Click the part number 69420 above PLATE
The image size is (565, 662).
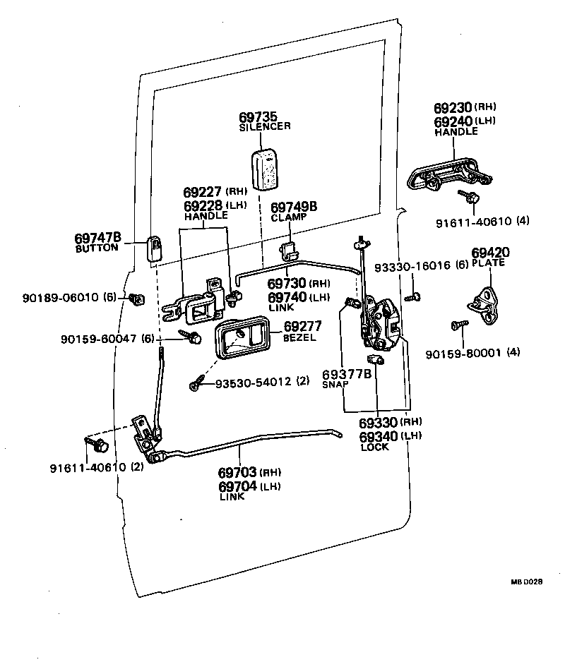pyautogui.click(x=490, y=253)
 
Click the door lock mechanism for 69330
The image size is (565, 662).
pyautogui.click(x=378, y=323)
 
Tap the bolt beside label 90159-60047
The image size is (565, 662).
pyautogui.click(x=190, y=337)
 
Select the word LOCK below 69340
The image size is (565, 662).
pyautogui.click(x=374, y=447)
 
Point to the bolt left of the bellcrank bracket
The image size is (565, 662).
pyautogui.click(x=97, y=445)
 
